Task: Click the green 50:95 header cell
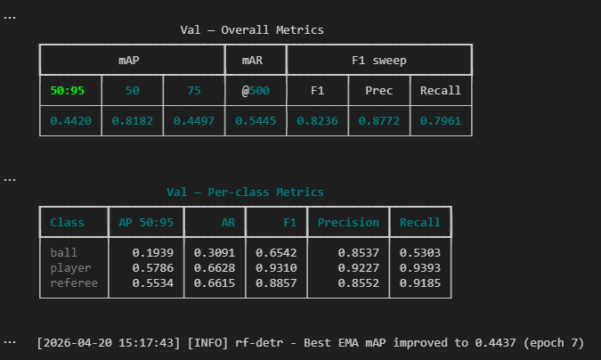(x=67, y=91)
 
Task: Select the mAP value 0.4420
(x=71, y=121)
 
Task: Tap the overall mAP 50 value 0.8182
(x=133, y=121)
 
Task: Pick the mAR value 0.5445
(x=256, y=121)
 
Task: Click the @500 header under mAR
(x=256, y=91)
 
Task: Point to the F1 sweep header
(x=379, y=61)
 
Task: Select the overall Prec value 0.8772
(x=379, y=121)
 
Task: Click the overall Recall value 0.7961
(x=441, y=121)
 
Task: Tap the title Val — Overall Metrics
(x=252, y=30)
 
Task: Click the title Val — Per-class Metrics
(x=245, y=192)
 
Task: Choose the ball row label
(x=63, y=252)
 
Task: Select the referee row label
(x=74, y=282)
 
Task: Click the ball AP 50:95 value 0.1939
(x=153, y=252)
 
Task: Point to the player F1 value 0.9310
(x=276, y=267)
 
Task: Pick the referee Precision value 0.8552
(x=359, y=282)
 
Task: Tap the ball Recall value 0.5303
(x=420, y=252)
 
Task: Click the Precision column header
(x=348, y=222)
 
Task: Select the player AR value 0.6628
(x=215, y=267)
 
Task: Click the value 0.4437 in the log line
(x=496, y=342)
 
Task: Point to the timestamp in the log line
(x=109, y=343)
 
